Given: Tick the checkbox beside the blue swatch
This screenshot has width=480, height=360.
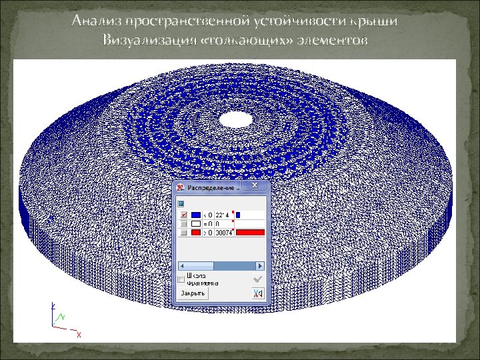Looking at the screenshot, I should point(182,215).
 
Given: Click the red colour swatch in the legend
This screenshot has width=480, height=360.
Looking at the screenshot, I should point(196,232).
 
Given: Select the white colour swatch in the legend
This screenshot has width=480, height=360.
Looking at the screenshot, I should point(196,223).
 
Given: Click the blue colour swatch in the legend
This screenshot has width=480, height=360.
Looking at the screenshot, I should point(196,215).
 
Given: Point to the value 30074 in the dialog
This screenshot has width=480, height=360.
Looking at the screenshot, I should point(223,232).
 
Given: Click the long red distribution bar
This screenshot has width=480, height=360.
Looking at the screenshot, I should point(250,232).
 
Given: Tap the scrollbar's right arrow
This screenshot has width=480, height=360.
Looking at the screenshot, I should point(262,265).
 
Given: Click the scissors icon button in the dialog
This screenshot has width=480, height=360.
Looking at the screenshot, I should point(257,293).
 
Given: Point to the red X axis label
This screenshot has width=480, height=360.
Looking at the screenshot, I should point(79,334).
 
